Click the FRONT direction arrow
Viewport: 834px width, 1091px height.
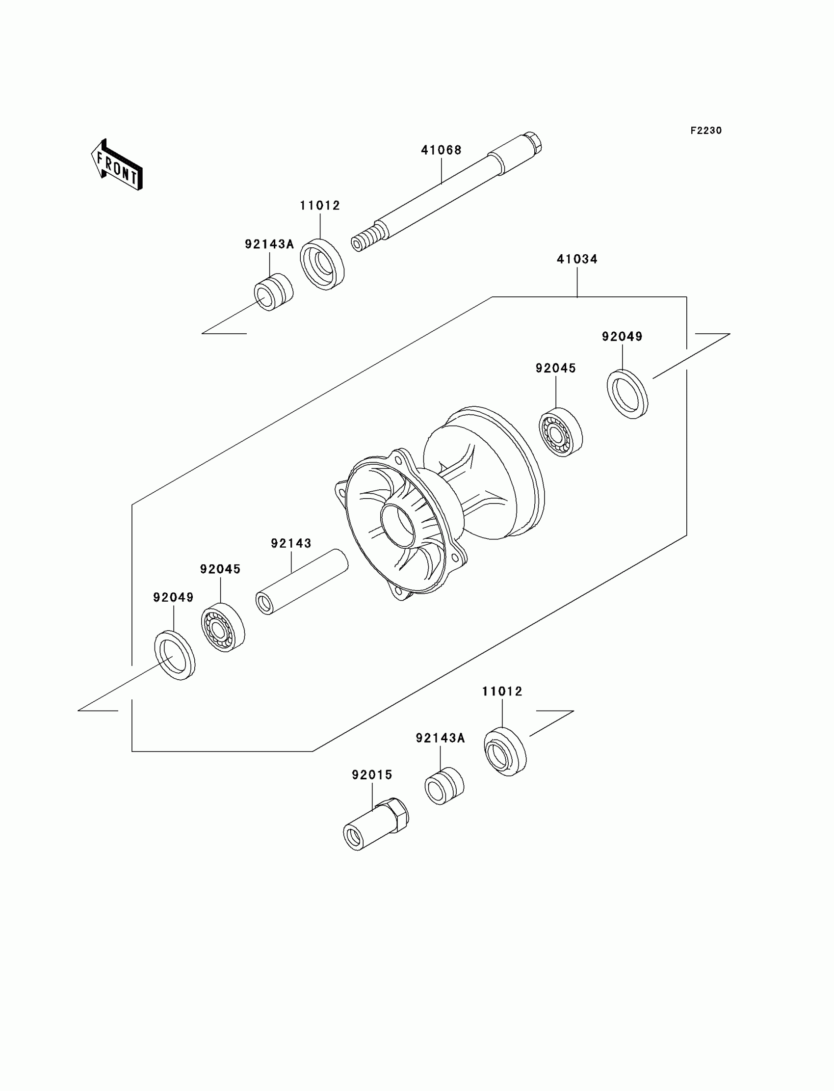(117, 165)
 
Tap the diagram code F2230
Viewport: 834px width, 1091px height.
(706, 131)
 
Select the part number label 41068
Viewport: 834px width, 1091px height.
(442, 150)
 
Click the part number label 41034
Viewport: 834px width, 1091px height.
(577, 259)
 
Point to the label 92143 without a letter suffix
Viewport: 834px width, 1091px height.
(291, 543)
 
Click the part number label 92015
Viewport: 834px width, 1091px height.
(372, 774)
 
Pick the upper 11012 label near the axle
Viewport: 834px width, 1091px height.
(320, 206)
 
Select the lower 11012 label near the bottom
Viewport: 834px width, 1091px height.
(502, 691)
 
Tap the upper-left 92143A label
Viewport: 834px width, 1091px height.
(269, 244)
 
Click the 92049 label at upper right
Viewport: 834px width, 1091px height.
(622, 337)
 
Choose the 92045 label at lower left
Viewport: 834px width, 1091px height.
(220, 569)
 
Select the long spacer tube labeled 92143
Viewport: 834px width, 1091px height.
(302, 582)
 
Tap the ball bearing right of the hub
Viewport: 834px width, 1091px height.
(560, 432)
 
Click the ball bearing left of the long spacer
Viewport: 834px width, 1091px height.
(223, 627)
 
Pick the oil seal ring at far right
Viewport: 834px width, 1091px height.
(627, 394)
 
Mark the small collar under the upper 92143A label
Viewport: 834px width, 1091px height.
(274, 292)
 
